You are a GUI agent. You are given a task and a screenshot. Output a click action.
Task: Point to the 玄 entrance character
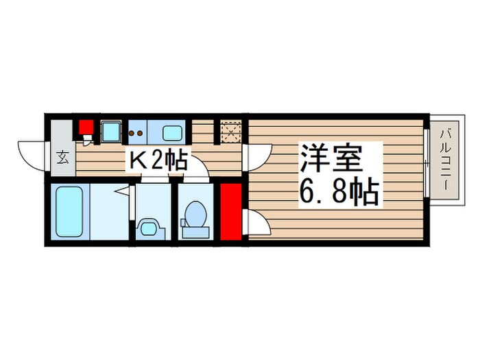pyautogui.click(x=62, y=158)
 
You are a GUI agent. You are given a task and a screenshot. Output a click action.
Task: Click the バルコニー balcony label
pyautogui.click(x=444, y=159)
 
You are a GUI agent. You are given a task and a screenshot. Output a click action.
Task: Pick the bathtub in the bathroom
pyautogui.click(x=69, y=211)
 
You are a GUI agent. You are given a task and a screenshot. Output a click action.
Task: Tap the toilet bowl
pyautogui.click(x=195, y=214)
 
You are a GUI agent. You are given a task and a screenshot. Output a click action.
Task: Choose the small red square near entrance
pyautogui.click(x=85, y=128)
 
